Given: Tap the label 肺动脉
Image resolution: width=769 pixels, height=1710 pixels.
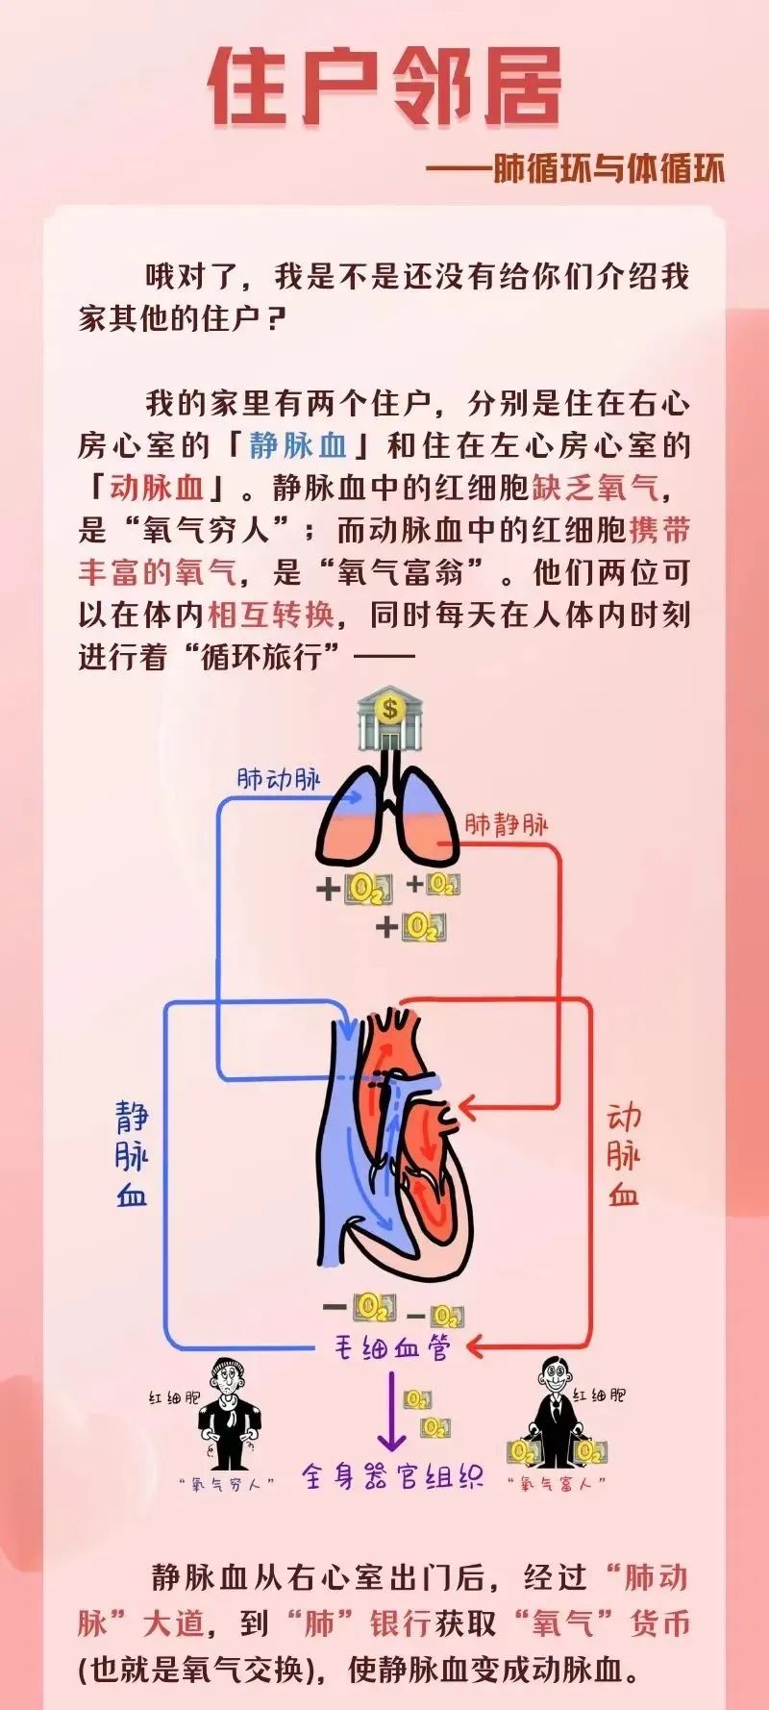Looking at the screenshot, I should coord(278,779).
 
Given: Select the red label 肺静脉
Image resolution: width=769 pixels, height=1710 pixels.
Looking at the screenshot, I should coord(507,824).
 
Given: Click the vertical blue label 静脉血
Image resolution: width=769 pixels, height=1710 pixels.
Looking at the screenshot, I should coord(132,1154).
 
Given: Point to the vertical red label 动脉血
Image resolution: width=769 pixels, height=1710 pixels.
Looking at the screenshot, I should coord(623,1154).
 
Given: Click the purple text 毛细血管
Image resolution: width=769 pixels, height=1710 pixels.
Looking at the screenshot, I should coord(391,1347).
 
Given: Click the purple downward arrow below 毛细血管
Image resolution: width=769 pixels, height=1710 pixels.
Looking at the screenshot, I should coord(390,1414).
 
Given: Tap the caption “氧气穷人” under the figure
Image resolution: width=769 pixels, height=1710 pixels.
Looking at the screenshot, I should coord(227,1483).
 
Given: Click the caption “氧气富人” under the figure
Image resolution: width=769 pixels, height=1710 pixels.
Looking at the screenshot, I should coord(558,1483).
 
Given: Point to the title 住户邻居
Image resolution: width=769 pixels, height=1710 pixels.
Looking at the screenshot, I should coord(384,88).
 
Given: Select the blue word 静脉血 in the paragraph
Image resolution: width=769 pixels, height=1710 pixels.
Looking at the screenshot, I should coord(298,445).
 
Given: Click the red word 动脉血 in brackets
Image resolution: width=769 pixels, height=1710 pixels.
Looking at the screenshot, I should coord(157,488).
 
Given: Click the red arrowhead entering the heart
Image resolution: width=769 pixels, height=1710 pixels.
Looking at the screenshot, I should coord(467,1108).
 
